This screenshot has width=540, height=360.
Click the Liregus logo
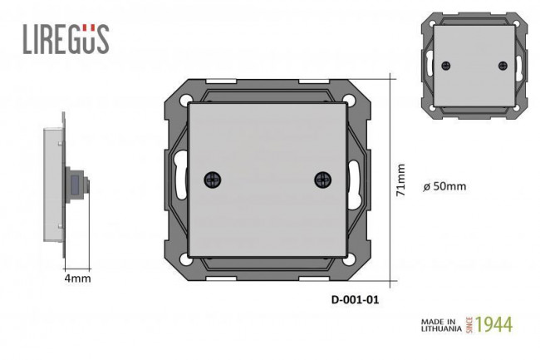click(66, 39)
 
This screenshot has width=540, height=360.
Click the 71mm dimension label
click(400, 180)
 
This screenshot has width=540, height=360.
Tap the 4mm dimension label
click(78, 279)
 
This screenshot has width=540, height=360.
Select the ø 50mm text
click(444, 186)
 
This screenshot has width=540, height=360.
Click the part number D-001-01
click(355, 299)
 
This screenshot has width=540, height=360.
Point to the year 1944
click(493, 324)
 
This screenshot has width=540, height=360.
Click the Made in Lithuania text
click(441, 325)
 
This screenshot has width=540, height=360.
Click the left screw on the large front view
click(213, 180)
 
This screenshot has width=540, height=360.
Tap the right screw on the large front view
click(323, 180)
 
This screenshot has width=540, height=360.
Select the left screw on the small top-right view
click(446, 65)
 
